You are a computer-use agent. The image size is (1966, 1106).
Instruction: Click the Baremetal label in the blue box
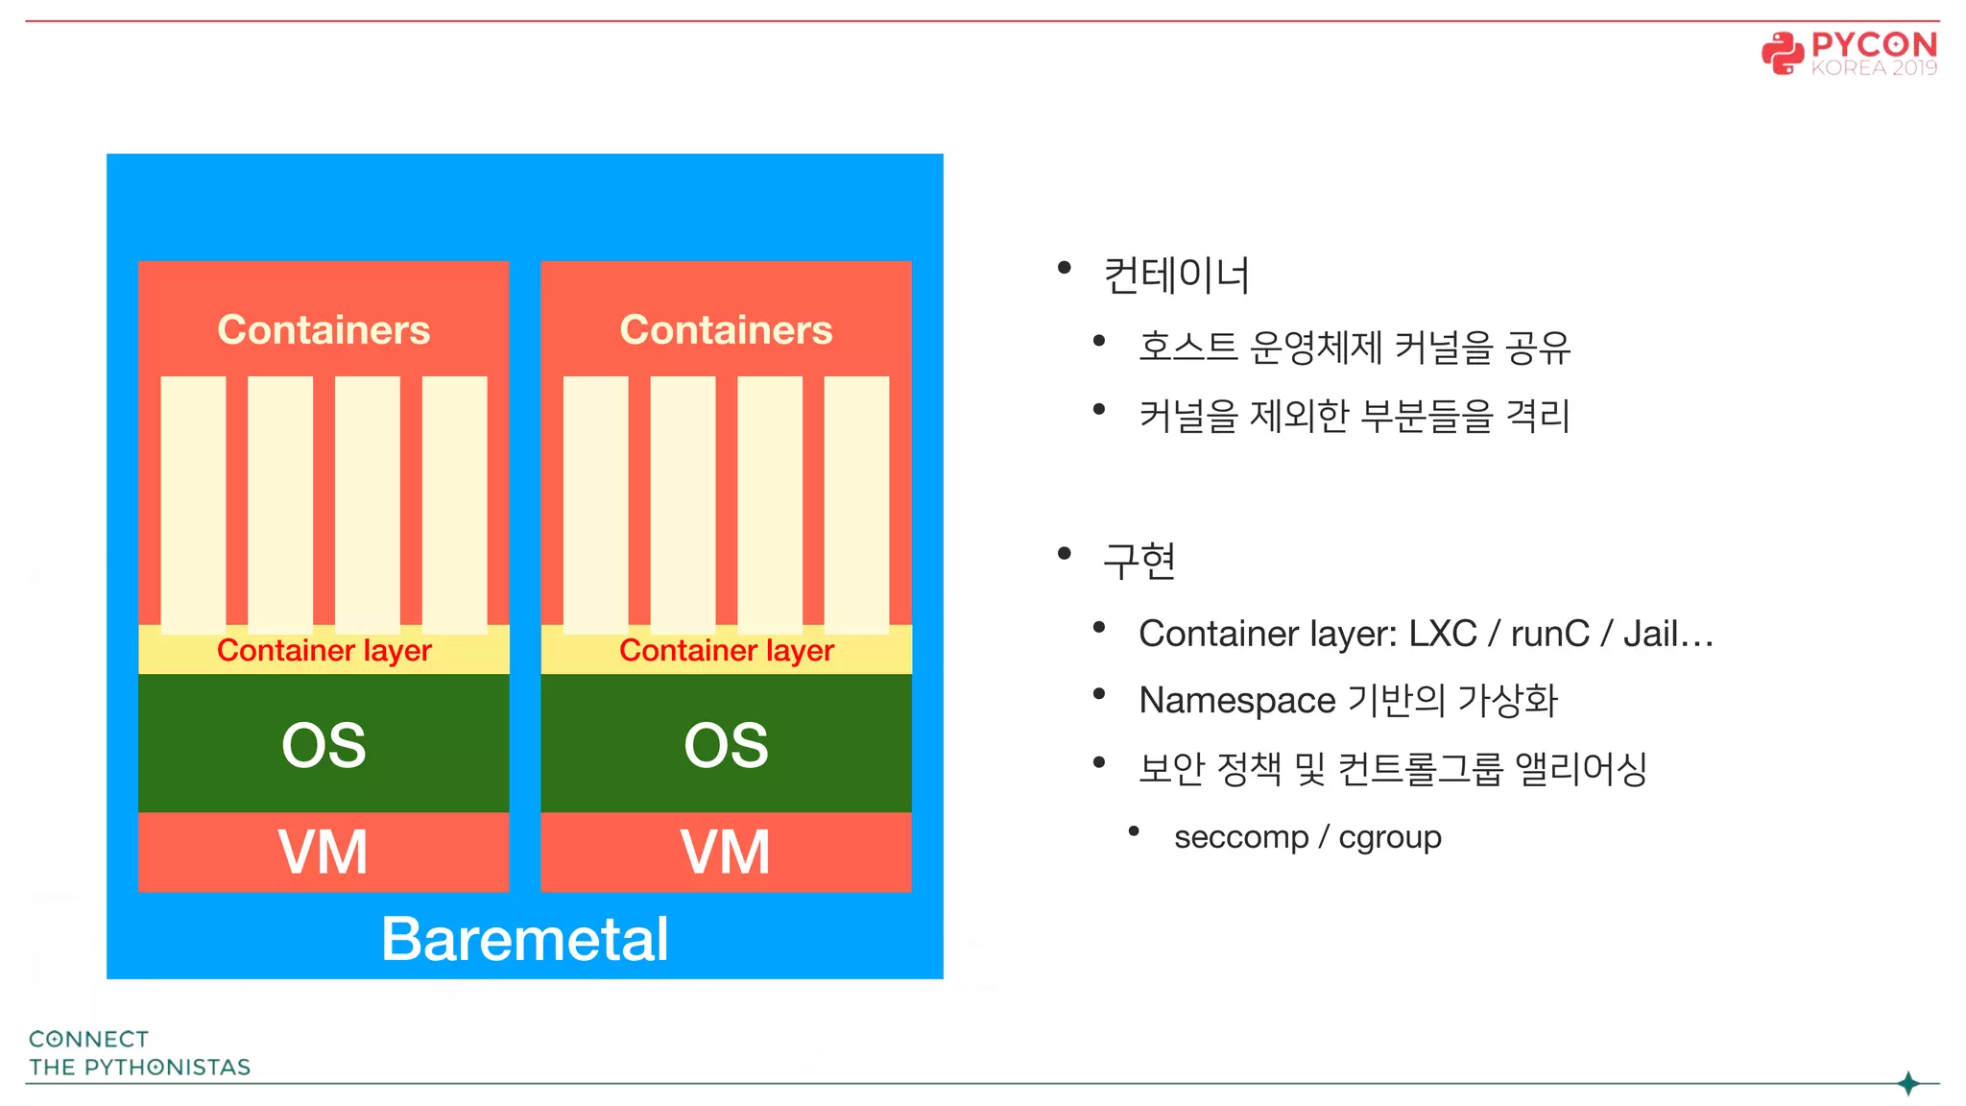[524, 939]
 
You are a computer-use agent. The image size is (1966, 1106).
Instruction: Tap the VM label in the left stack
[324, 853]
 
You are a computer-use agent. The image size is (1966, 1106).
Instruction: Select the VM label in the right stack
[726, 853]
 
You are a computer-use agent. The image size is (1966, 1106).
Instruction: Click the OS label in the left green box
[324, 745]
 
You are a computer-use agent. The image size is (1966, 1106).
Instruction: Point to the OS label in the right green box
[726, 745]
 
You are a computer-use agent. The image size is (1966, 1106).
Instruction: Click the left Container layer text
[324, 651]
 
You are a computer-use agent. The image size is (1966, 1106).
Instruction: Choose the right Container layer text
[726, 651]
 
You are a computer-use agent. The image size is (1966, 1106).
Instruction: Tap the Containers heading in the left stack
[324, 330]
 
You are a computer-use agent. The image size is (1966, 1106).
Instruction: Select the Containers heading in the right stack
[726, 330]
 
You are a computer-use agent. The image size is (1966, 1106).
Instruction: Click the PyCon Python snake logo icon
[1783, 53]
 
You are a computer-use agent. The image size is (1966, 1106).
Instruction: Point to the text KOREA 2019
[1874, 68]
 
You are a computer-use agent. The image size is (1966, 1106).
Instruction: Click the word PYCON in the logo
[1874, 44]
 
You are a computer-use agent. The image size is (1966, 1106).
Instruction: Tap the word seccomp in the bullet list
[1240, 837]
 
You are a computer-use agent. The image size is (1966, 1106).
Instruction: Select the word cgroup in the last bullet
[1390, 837]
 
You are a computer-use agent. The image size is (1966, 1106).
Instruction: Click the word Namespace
[1236, 701]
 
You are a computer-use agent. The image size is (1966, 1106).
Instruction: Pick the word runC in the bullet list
[1549, 634]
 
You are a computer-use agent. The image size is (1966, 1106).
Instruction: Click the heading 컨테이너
[1176, 276]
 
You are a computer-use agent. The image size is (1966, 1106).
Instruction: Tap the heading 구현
[1139, 561]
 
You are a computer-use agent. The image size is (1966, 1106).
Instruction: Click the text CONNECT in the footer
[89, 1039]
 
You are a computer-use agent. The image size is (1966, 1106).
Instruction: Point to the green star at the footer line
[1908, 1084]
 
